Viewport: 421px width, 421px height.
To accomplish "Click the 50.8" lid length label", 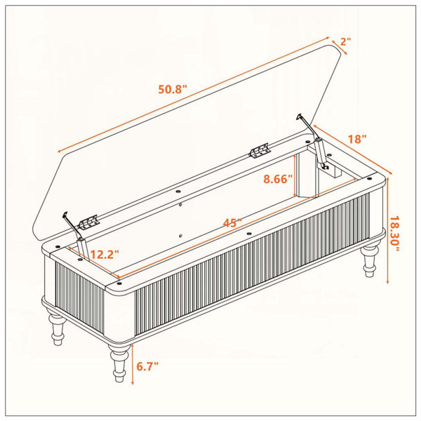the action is (x=172, y=89).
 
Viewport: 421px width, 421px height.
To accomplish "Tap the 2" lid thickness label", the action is (x=346, y=41).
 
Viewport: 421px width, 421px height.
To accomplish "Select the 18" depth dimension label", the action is (x=357, y=139).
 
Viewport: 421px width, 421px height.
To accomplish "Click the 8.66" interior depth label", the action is (x=278, y=179).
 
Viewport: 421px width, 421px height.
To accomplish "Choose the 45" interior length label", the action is (x=232, y=222).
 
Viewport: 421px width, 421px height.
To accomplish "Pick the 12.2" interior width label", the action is (x=104, y=254).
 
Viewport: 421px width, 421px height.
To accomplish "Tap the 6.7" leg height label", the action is (x=147, y=366).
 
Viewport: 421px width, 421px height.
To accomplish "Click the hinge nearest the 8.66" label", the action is (x=260, y=150).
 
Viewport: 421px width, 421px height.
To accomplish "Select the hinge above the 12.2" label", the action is (x=88, y=222).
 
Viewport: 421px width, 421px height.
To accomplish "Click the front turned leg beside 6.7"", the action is (x=119, y=362).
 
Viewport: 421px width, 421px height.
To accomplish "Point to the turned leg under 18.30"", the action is (x=370, y=258).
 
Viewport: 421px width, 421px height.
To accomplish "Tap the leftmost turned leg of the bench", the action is (x=56, y=326).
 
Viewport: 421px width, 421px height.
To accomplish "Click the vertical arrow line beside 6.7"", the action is (x=133, y=364).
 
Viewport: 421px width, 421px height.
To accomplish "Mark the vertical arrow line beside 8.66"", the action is (x=295, y=175).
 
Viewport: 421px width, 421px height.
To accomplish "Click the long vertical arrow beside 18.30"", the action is (x=387, y=230).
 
